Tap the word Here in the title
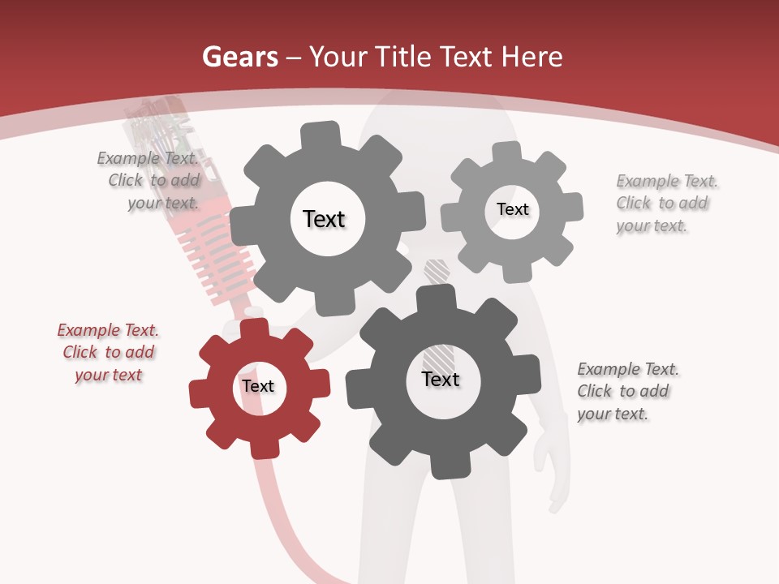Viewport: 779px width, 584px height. click(x=532, y=57)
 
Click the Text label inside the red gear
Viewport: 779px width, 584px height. click(x=258, y=387)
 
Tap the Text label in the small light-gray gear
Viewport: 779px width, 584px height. click(x=512, y=209)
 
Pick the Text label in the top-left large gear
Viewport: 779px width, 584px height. click(x=324, y=219)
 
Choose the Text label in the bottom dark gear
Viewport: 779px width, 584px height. click(x=441, y=380)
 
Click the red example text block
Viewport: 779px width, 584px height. click(x=108, y=353)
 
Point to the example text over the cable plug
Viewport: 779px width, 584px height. click(x=151, y=180)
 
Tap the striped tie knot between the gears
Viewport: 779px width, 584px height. click(x=437, y=272)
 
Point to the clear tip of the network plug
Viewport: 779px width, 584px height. click(x=154, y=122)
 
